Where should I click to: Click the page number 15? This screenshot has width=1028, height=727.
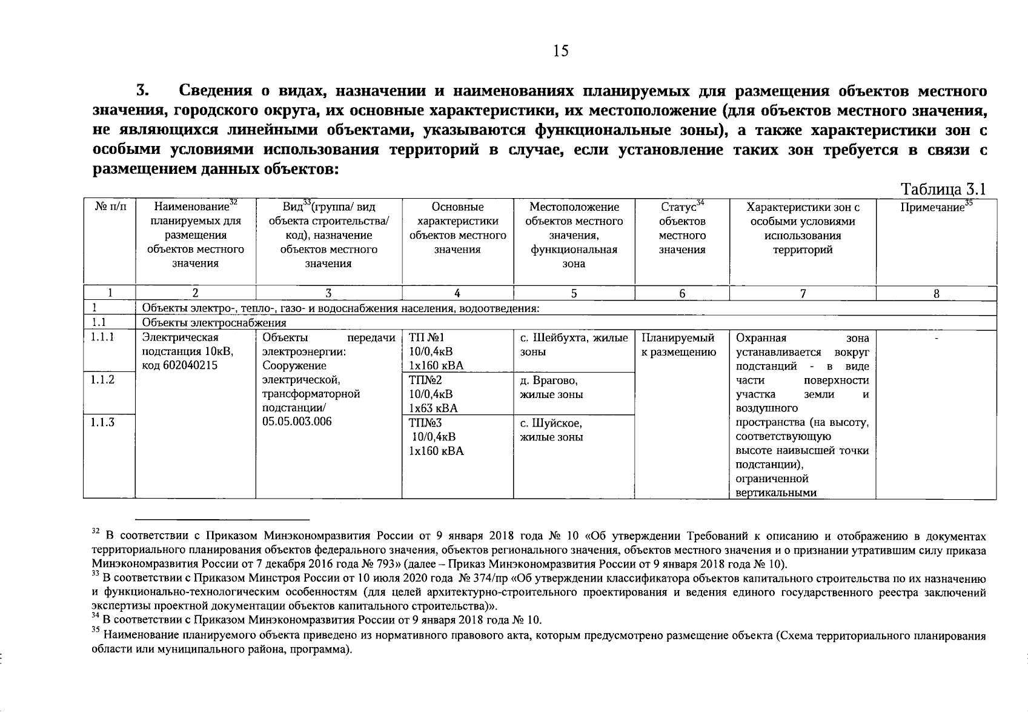coord(560,51)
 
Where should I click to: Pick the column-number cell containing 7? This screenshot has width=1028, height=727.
coord(803,294)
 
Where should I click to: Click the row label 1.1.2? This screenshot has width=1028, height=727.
coord(102,380)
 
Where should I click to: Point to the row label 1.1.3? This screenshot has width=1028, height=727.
coord(102,422)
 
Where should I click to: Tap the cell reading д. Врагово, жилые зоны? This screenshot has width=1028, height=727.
coord(551,388)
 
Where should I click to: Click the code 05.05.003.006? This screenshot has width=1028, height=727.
coord(297,422)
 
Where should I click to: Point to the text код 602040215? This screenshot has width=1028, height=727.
coord(179,365)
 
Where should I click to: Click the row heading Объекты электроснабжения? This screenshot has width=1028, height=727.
coord(214,323)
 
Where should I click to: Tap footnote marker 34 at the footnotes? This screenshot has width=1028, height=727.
coord(95,616)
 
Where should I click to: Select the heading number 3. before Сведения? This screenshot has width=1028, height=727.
coord(142,91)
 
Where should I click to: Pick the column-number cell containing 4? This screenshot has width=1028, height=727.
coord(457,294)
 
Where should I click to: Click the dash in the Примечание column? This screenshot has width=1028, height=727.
coord(937,338)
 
